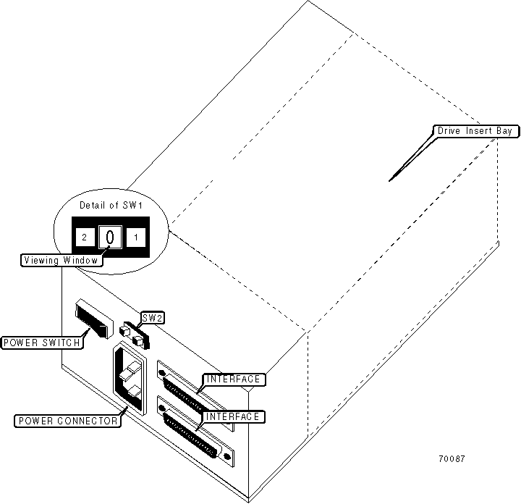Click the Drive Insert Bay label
tap(474, 131)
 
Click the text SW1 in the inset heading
tap(135, 205)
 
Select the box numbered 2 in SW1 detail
tap(85, 237)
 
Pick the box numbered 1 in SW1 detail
tap(135, 237)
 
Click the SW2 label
tap(153, 317)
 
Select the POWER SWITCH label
tap(41, 343)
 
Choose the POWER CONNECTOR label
tap(68, 421)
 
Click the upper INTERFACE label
tap(232, 379)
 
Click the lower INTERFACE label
tap(232, 416)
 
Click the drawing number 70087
tap(452, 459)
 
